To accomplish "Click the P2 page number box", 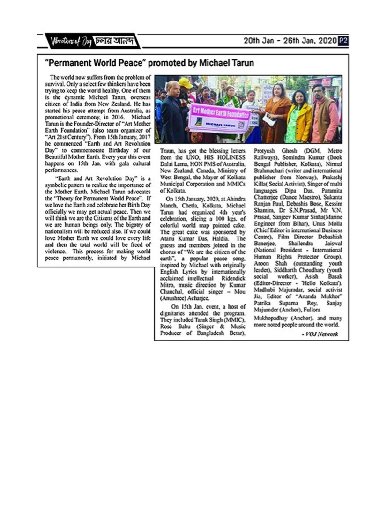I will coord(343,41).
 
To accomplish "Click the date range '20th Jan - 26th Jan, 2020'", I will coord(290,41).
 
